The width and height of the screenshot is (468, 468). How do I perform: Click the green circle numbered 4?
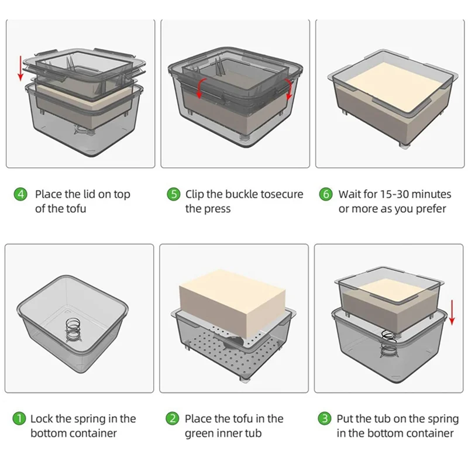coord(20,194)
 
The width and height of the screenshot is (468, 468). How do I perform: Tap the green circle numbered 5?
coord(173,194)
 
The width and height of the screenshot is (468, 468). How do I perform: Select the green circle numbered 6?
coord(326,194)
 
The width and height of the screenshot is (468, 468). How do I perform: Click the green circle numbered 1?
coord(19,419)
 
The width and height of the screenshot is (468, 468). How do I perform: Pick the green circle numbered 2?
coord(173,419)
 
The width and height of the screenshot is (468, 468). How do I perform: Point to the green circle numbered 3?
coord(325,419)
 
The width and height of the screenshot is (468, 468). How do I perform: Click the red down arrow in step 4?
coord(20,68)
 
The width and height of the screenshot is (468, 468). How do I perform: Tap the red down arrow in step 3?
coord(452,312)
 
